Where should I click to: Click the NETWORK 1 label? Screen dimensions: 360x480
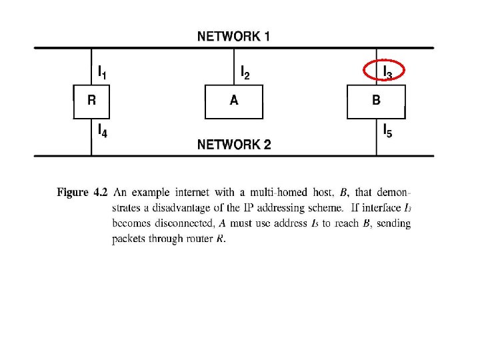point(233,36)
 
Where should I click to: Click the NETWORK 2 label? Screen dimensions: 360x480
point(234,145)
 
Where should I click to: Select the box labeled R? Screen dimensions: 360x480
point(91,101)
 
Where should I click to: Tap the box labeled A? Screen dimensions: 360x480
point(233,101)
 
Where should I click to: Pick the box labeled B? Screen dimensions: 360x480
point(376,101)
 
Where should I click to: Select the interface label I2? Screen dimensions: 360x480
point(245,72)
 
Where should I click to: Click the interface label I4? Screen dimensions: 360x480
point(102,131)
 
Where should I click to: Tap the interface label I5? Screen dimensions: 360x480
point(387,131)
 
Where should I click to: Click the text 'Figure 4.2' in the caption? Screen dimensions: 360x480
point(82,193)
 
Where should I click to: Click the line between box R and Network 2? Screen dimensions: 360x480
point(91,137)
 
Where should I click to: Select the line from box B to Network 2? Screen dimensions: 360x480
point(377,137)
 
